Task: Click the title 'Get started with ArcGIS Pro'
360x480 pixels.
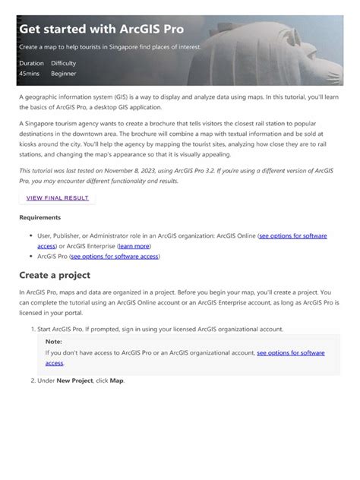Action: pyautogui.click(x=101, y=29)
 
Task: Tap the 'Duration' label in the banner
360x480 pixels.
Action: pyautogui.click(x=31, y=63)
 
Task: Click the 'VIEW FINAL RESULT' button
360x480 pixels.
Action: pyautogui.click(x=58, y=198)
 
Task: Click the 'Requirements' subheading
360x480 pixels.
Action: pyautogui.click(x=40, y=218)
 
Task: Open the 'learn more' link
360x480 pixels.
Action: pyautogui.click(x=134, y=246)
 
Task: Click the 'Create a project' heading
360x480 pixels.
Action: pyautogui.click(x=55, y=275)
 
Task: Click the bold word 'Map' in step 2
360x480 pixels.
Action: pyautogui.click(x=115, y=380)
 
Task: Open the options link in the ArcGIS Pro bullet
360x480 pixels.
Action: pyautogui.click(x=115, y=257)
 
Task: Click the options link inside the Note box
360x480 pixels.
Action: pyautogui.click(x=290, y=353)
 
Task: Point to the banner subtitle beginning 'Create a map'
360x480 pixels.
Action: pyautogui.click(x=110, y=47)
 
